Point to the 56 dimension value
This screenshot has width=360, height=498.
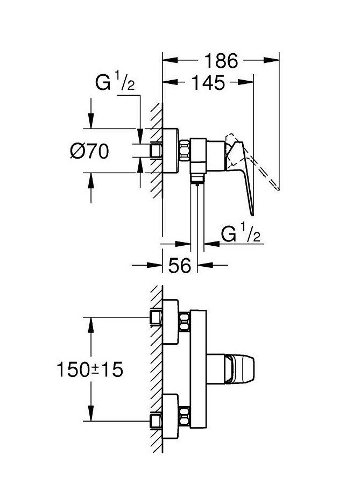[179, 265]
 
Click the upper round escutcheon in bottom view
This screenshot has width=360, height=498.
[171, 322]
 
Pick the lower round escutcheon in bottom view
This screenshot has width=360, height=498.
[171, 417]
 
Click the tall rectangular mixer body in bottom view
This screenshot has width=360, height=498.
[197, 370]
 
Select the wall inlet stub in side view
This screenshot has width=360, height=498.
[156, 151]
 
